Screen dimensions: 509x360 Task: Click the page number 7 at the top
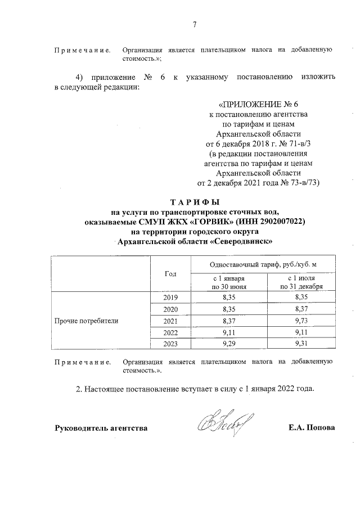(195, 24)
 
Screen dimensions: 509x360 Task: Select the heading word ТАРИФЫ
(194, 202)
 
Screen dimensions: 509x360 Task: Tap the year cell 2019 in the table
(169, 298)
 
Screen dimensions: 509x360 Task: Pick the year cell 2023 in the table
(169, 343)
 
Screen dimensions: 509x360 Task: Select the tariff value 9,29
(228, 343)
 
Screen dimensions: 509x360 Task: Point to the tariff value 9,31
(304, 343)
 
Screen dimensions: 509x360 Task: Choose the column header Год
(170, 273)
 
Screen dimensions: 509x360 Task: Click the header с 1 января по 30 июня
(228, 282)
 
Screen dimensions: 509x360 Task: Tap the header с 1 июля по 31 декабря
(304, 282)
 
